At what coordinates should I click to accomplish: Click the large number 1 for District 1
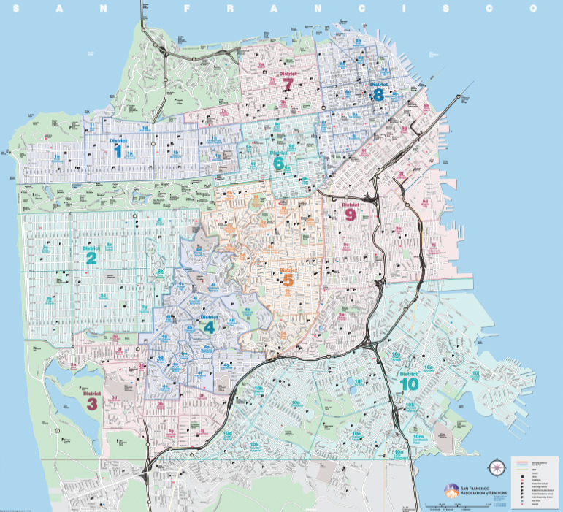(118, 151)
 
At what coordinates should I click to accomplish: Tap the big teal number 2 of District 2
(92, 258)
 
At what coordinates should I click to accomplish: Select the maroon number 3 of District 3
(92, 404)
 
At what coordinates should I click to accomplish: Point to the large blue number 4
(210, 328)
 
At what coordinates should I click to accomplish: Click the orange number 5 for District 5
(287, 280)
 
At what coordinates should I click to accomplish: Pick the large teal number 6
(278, 164)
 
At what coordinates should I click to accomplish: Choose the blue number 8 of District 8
(378, 94)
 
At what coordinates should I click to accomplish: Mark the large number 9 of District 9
(350, 215)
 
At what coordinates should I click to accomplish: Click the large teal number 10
(410, 383)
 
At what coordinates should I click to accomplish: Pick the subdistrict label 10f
(358, 381)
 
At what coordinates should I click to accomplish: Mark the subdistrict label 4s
(228, 364)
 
